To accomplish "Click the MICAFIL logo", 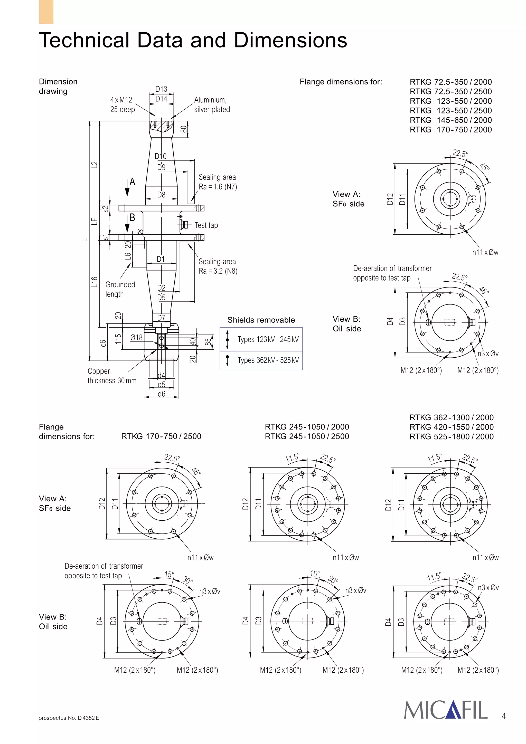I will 446,710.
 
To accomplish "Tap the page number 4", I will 503,716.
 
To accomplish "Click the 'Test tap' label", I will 206,225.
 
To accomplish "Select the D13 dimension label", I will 161,89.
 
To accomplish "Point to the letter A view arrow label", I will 132,182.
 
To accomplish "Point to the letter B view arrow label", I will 132,217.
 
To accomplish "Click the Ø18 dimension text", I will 136,338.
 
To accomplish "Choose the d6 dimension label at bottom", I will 161,394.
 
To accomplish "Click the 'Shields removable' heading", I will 261,320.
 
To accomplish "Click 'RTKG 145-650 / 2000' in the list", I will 450,120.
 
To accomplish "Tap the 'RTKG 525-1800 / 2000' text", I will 452,436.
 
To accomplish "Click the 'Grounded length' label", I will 120,289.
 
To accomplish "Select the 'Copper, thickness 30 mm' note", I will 112,376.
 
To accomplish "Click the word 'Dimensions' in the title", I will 290,40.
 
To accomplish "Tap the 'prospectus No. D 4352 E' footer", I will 69,718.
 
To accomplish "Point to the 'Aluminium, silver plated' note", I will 212,105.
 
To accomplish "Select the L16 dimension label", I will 94,282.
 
